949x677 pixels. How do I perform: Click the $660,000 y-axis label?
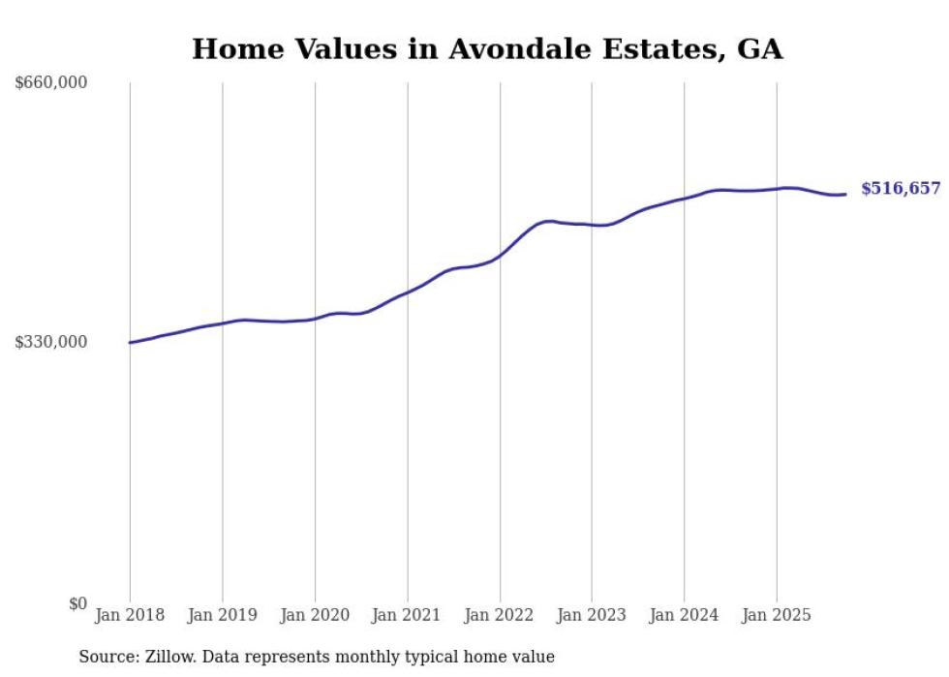(x=51, y=83)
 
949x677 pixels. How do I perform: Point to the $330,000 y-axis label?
(x=51, y=342)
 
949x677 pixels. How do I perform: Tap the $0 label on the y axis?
(x=77, y=603)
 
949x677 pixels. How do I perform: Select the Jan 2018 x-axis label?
(x=130, y=615)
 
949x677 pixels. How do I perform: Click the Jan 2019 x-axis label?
(x=222, y=615)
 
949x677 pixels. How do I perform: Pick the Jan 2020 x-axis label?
(x=315, y=615)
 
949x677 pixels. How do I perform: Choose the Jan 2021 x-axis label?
(x=407, y=615)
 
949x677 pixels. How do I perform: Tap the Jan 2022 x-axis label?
(x=500, y=615)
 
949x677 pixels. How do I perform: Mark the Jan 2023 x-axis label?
(x=592, y=615)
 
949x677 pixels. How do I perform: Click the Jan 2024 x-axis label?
(x=684, y=615)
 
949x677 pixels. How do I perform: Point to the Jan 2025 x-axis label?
(x=776, y=615)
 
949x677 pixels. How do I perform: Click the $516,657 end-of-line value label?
(x=901, y=189)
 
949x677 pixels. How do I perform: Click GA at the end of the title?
(x=759, y=49)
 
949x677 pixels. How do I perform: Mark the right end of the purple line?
(x=845, y=194)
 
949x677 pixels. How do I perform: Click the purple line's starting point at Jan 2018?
(x=130, y=342)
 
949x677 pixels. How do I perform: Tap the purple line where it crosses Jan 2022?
(x=500, y=255)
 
